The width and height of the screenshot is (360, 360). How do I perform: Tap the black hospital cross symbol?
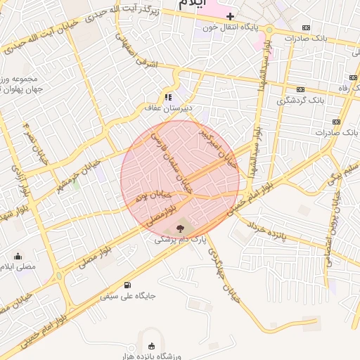[230, 15]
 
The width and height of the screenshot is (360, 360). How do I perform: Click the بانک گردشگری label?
[301, 101]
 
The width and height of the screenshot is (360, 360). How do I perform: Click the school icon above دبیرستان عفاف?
[168, 97]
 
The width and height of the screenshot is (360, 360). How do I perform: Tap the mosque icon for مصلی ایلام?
[18, 256]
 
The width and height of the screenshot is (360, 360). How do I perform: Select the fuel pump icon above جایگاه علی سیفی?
[127, 285]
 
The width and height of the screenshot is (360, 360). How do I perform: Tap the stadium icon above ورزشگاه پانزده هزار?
[151, 345]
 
